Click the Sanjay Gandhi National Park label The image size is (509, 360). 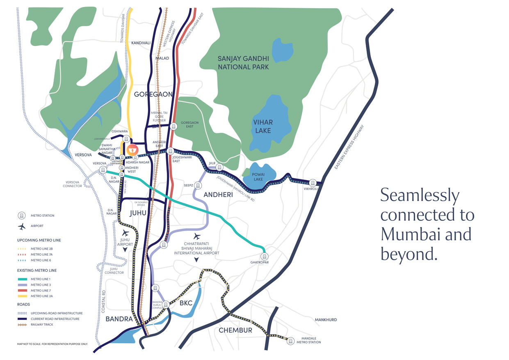pos(243,63)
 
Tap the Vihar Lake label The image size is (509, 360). pos(262,126)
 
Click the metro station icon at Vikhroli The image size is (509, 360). pos(313,183)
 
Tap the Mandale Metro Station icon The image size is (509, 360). pos(291,340)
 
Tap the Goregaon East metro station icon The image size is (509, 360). pos(173,126)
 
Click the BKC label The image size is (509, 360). pos(186,304)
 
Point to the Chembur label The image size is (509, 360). pos(235,330)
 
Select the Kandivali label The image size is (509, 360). pos(141,43)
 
